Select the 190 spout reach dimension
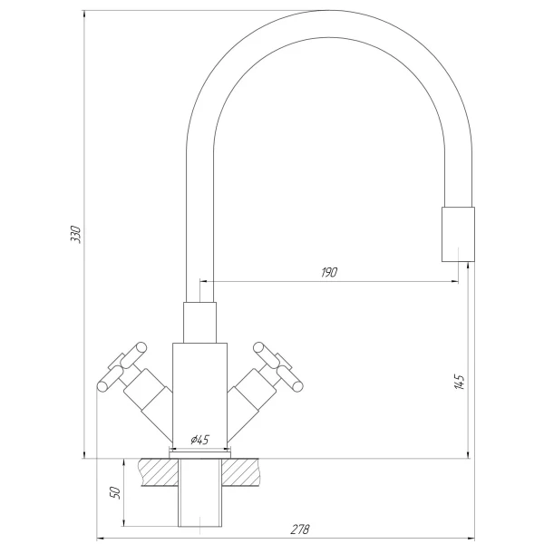328,273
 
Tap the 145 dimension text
461,382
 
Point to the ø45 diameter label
199,440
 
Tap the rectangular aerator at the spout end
457,234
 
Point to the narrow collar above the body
199,323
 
